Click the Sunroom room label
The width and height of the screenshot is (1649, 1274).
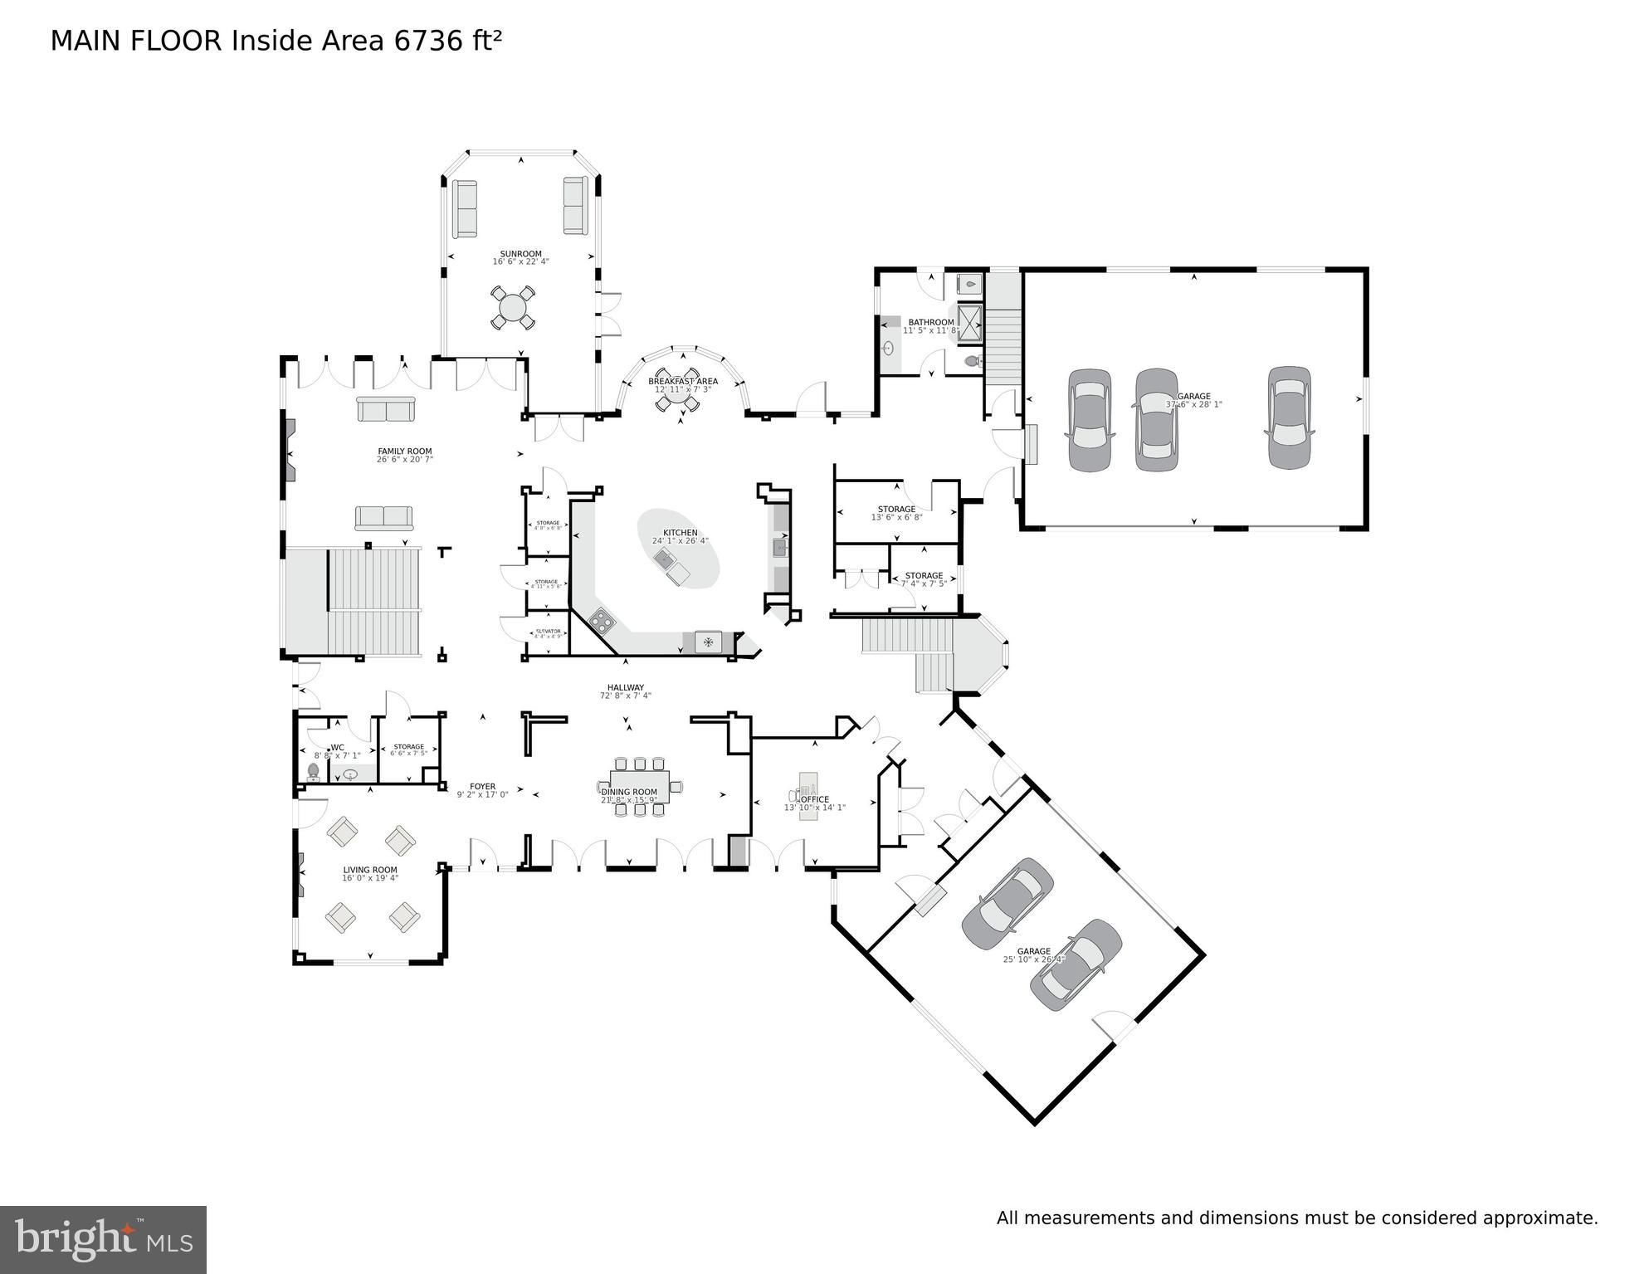520,254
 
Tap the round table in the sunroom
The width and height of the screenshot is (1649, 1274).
512,309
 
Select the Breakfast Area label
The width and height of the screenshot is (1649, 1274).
682,381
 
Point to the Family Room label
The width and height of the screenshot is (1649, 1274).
404,452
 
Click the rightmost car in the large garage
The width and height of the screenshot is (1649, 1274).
1288,417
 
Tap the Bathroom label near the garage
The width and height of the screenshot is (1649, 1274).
930,322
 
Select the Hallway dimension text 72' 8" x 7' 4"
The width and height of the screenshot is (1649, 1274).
625,696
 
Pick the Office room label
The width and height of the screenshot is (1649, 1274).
814,799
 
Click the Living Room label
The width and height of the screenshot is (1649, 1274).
370,870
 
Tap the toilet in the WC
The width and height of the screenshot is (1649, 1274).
314,772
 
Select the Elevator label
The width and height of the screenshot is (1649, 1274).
548,631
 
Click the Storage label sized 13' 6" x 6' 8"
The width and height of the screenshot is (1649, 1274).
896,509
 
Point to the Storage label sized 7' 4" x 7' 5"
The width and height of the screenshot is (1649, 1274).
924,575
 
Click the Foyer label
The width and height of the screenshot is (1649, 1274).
482,786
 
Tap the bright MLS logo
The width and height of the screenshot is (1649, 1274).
103,1240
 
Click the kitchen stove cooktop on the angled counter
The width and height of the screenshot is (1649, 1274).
602,619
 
